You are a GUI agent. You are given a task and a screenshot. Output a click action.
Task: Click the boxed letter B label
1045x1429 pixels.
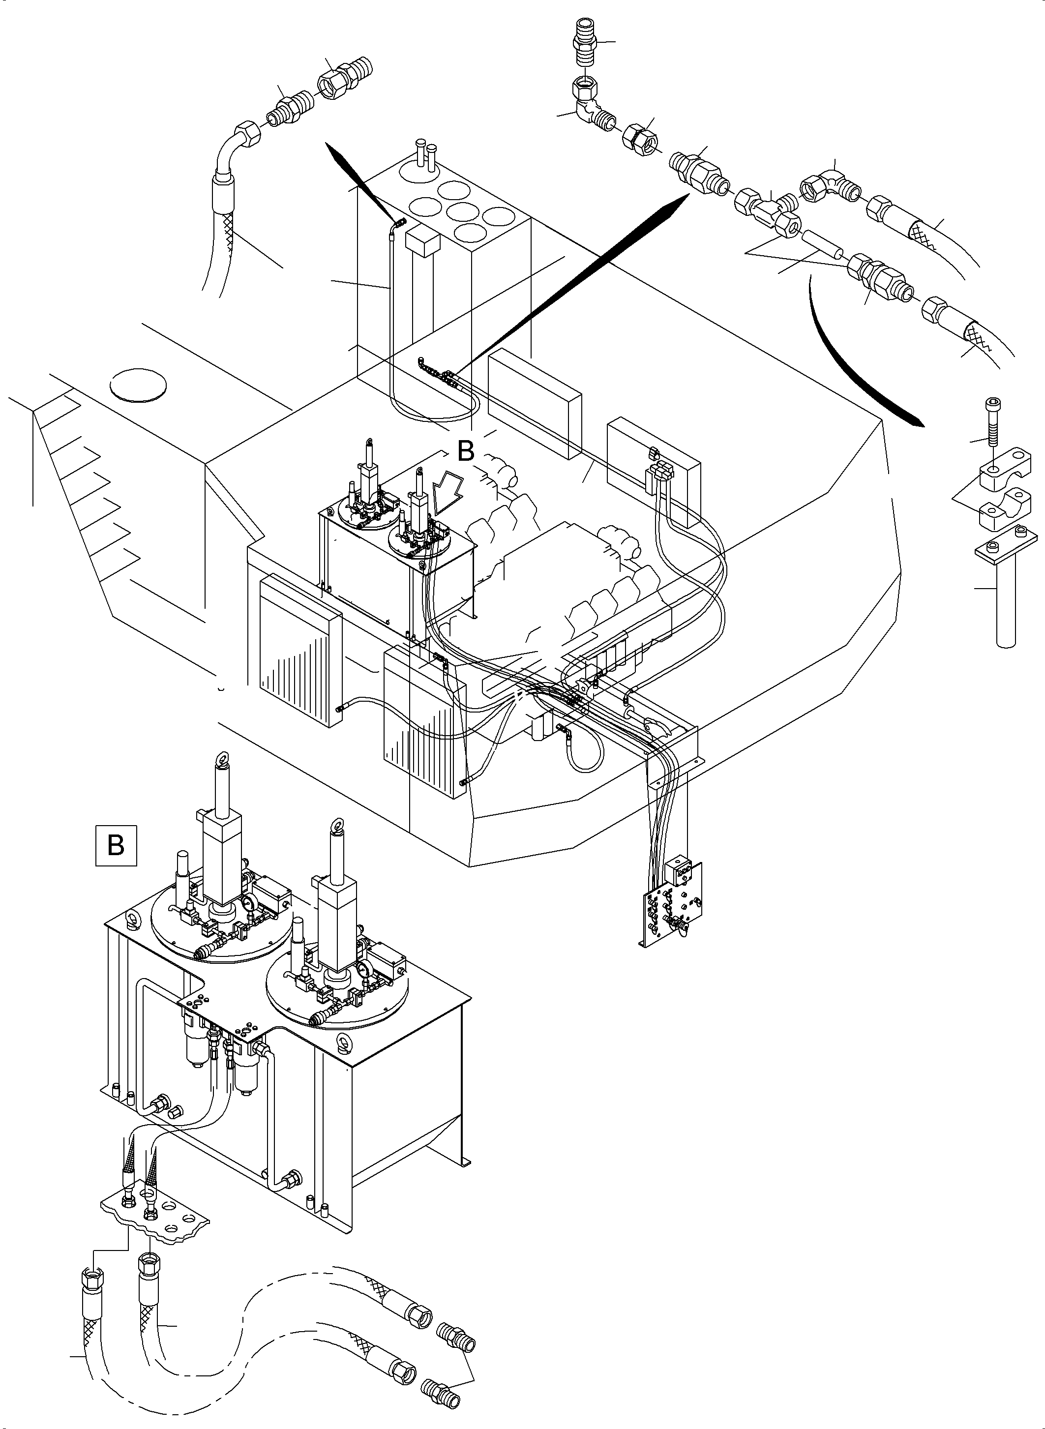[x=116, y=845]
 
